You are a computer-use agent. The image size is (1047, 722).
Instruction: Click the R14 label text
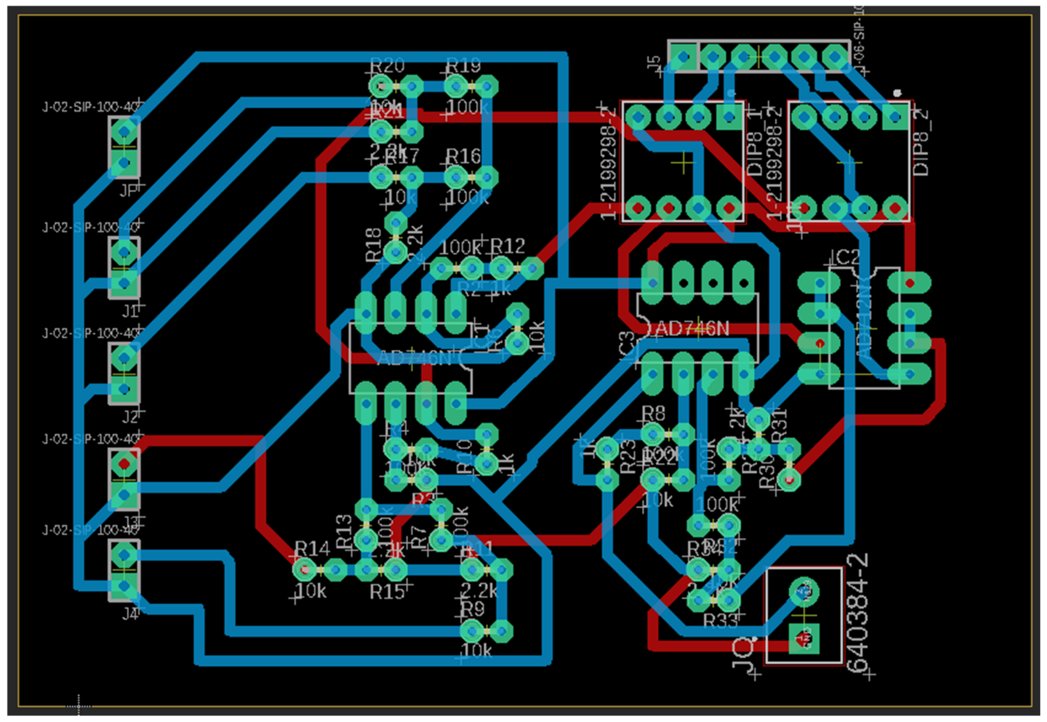point(312,549)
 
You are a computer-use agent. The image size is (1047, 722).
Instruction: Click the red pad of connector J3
point(124,464)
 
